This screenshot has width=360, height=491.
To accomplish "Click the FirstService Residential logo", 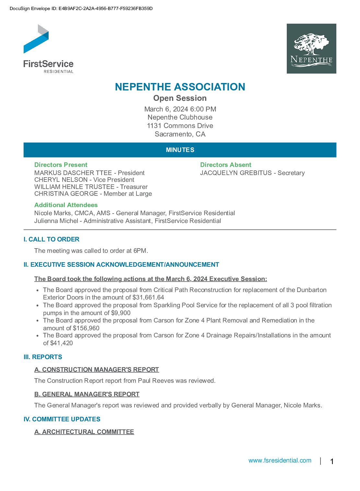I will coord(48,49).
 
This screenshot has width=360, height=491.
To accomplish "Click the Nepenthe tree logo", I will coord(311,49).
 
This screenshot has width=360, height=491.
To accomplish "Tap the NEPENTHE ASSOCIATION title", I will coord(180,87).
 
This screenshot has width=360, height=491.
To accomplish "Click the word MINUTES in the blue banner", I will coord(180,150).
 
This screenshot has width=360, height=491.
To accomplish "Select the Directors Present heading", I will coord(61,165).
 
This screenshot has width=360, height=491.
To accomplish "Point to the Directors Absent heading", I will coord(226,165).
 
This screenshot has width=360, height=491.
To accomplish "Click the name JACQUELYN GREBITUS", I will coord(236,173).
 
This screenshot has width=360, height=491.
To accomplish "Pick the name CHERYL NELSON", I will coord(61,180).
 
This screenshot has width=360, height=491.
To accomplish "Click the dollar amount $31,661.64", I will coord(148,298).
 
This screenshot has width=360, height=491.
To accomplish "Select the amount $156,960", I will coord(86,328).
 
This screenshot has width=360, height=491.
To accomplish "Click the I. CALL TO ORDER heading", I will coord(52,240).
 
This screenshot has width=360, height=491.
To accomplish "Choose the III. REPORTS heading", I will coord(43,357).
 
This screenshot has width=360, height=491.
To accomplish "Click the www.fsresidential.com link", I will coord(280,461).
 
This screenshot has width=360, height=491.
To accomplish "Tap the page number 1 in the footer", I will coord(332,462).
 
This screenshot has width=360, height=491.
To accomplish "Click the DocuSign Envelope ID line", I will coord(81,9).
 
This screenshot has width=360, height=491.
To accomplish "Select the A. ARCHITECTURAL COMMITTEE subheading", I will coord(84,432).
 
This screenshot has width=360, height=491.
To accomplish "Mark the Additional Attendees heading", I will coord(66,205).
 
